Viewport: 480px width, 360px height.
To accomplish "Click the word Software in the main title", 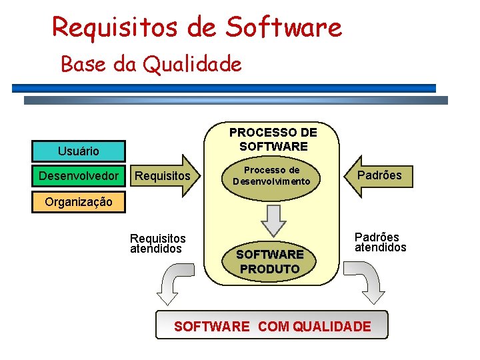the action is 283,27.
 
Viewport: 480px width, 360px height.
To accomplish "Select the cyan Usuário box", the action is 79,151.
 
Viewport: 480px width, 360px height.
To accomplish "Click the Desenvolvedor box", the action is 79,176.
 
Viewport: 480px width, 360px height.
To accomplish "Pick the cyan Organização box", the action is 79,202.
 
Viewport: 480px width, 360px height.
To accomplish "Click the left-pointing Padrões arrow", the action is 379,175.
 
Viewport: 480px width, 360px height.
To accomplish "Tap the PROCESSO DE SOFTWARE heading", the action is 273,139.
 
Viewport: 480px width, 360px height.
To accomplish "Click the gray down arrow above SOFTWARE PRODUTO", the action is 273,219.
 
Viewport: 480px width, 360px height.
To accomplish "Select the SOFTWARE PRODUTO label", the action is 270,261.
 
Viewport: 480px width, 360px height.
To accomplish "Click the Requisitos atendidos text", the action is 157,243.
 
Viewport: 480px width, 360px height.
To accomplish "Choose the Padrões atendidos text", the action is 379,242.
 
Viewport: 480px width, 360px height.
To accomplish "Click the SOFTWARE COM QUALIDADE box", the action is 271,326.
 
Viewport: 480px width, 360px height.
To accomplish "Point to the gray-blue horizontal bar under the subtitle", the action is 236,101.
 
